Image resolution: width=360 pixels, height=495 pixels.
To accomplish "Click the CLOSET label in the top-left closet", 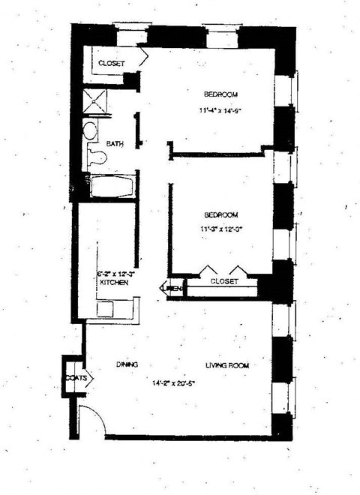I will coord(112,63).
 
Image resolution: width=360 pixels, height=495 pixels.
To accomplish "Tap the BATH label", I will coord(115,143).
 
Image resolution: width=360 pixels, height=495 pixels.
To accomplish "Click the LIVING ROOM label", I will coord(227,365).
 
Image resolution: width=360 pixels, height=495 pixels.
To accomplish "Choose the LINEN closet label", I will coord(173,286).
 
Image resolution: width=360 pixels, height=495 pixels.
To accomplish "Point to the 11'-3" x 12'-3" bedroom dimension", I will coord(222,229).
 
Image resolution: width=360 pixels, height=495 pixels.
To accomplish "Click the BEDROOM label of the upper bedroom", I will coord(221,94).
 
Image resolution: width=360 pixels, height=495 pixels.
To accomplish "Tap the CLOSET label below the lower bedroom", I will coord(223,281).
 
